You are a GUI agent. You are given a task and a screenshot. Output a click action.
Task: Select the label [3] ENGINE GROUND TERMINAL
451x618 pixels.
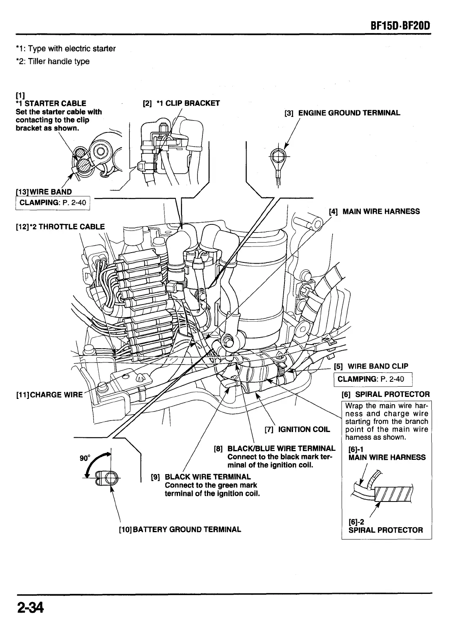tap(342, 113)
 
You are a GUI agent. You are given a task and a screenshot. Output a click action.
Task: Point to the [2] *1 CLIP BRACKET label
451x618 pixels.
tap(181, 103)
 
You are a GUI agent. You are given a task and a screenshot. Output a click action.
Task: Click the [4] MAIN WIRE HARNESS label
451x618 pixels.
tap(374, 211)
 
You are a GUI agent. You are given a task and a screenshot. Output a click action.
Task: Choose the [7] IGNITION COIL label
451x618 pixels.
tap(297, 429)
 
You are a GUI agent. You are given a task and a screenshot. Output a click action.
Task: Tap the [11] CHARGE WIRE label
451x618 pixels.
tap(49, 395)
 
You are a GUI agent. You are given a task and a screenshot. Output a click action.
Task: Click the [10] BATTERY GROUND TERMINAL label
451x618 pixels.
tap(180, 529)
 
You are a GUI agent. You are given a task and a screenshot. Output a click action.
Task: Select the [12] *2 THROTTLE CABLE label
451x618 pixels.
tap(60, 227)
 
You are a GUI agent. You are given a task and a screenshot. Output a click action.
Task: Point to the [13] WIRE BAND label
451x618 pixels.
tap(43, 192)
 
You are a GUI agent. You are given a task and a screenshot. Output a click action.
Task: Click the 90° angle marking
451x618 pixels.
tap(85, 458)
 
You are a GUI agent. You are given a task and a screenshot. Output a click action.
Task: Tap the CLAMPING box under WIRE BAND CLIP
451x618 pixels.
tap(373, 379)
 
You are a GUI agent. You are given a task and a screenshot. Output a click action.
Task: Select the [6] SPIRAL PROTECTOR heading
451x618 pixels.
tap(385, 394)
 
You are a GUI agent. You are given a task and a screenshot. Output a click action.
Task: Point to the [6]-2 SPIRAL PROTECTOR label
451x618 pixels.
tap(385, 526)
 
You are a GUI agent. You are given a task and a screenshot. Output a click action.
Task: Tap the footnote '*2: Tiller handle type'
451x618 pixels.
tap(53, 61)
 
